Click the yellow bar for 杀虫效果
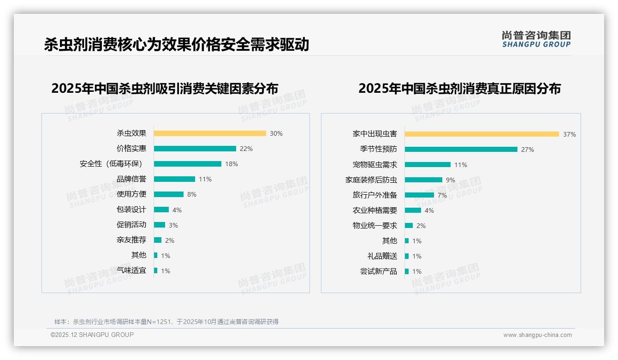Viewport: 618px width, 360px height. [210, 133]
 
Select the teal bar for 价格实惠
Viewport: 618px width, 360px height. [195, 149]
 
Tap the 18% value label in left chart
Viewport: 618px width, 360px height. [232, 164]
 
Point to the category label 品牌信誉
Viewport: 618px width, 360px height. [131, 179]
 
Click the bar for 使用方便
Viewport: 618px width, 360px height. [168, 194]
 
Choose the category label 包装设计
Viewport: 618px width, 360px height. [131, 210]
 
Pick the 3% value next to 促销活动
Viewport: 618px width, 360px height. [173, 225]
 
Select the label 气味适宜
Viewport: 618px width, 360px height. [131, 270]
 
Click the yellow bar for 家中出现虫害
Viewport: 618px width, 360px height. [481, 134]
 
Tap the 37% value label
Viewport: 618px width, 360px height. [569, 134]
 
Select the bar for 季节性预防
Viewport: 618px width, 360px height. [461, 150]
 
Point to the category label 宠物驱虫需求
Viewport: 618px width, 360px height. [374, 165]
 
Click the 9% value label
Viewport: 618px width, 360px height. [450, 180]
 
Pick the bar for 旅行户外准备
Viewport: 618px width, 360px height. [419, 195]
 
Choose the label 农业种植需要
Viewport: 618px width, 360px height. [374, 210]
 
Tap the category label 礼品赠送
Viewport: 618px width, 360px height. [382, 256]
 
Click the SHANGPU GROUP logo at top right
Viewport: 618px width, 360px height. [536, 39]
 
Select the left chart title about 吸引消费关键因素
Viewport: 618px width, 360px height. [165, 89]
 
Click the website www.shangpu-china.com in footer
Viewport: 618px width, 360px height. [537, 335]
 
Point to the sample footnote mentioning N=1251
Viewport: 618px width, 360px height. [166, 322]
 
